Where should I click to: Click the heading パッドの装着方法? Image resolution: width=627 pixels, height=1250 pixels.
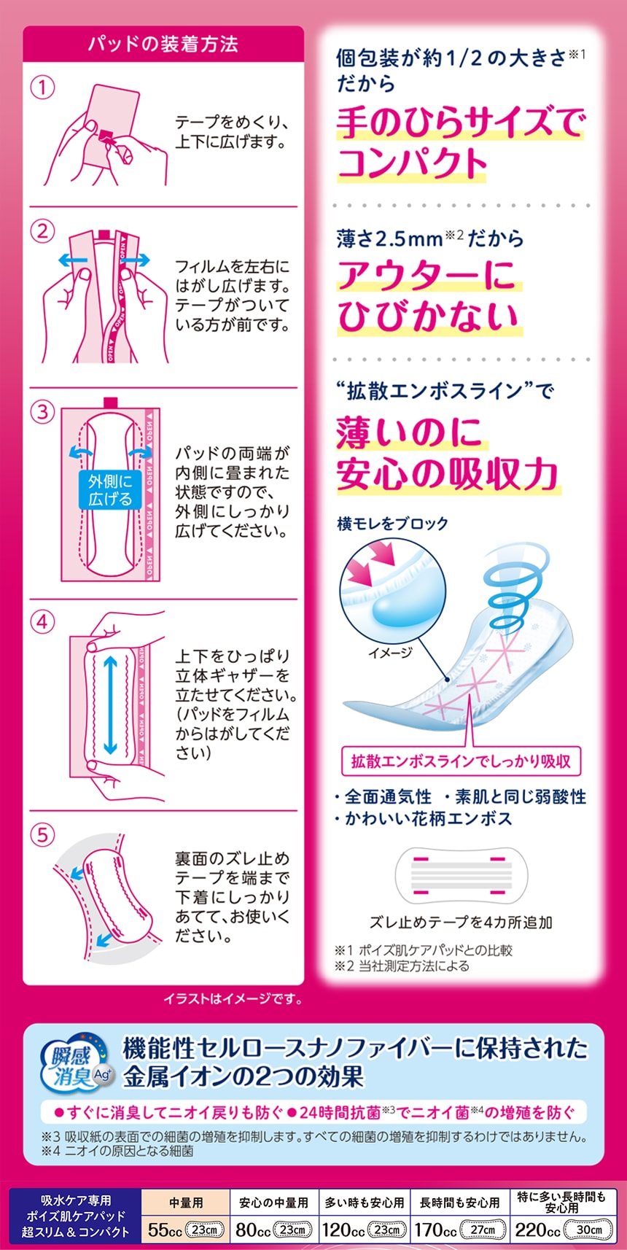(163, 44)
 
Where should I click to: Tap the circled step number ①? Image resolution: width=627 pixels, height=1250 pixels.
(42, 88)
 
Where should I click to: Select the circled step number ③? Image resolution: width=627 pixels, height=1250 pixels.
(42, 412)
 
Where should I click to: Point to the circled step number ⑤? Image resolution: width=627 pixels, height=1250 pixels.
(42, 835)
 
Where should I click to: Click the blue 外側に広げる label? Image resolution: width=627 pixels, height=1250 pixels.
(110, 489)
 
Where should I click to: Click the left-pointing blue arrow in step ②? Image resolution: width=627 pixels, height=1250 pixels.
(72, 260)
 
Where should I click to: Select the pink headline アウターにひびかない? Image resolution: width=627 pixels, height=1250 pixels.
(429, 296)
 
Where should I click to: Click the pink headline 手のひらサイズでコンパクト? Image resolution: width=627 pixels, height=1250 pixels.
(460, 144)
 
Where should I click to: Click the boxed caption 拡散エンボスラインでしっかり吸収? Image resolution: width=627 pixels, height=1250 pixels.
(461, 761)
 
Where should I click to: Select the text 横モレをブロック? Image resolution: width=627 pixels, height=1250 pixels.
(393, 524)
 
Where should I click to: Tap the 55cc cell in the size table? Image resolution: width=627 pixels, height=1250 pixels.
(186, 1230)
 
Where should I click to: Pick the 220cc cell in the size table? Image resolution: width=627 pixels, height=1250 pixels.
(563, 1230)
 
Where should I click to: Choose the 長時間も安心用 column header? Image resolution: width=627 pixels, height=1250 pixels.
(460, 1203)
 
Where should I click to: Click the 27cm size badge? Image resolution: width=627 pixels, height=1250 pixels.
(483, 1230)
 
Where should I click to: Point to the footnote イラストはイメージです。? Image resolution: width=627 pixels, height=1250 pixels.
(233, 998)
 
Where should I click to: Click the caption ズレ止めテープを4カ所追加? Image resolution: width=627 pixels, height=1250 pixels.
(461, 922)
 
